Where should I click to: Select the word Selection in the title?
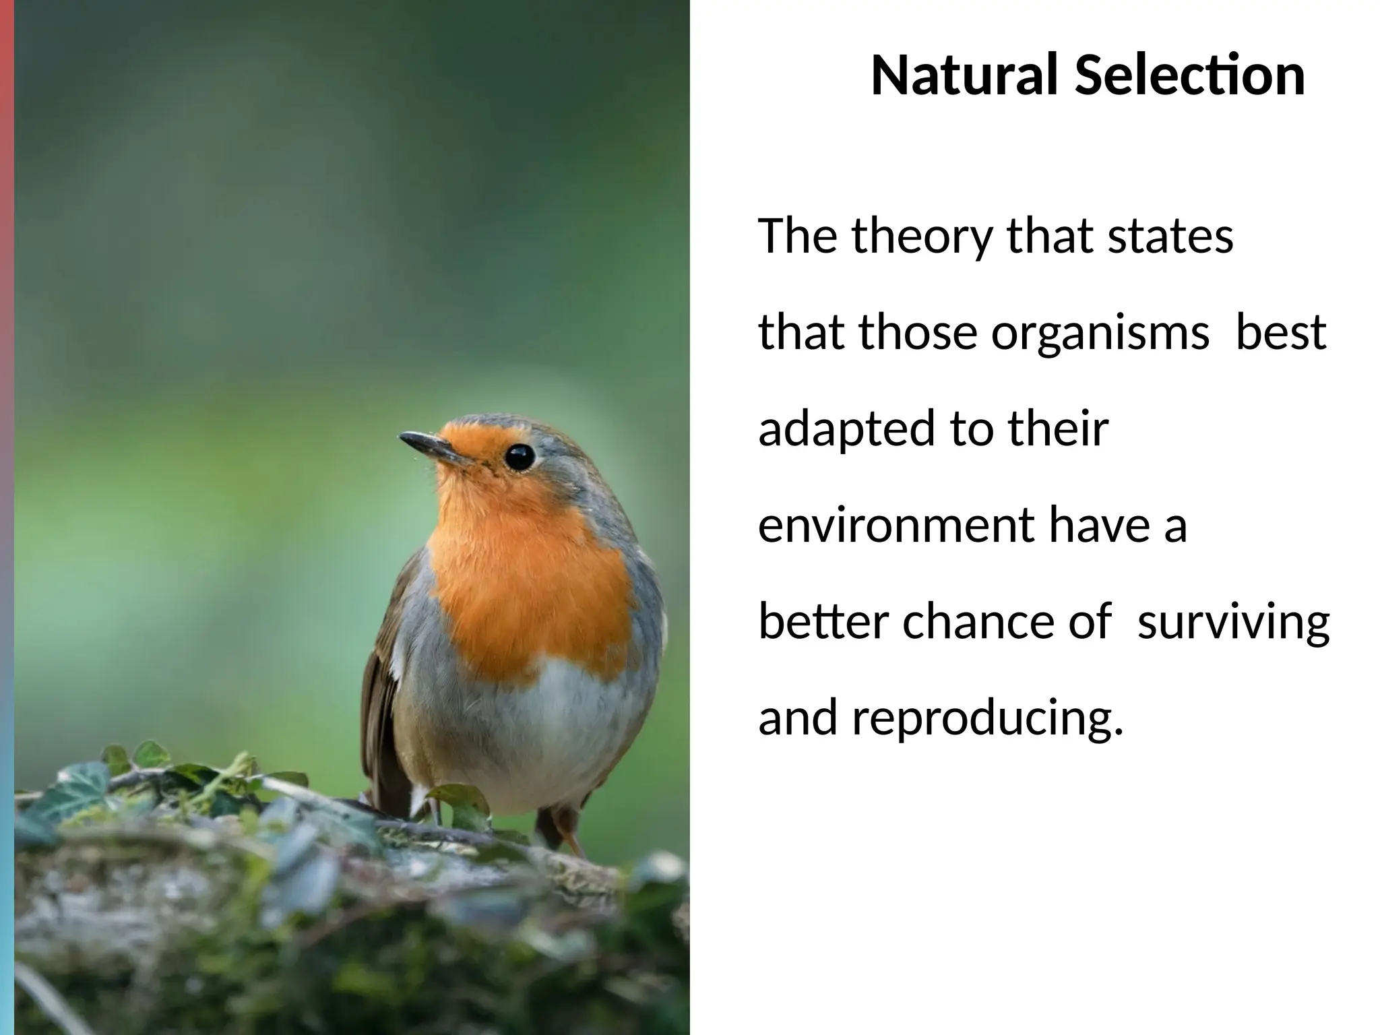(x=1189, y=75)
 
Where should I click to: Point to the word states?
(x=1170, y=237)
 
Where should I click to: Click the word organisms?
(x=1100, y=334)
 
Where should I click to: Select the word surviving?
(x=1233, y=624)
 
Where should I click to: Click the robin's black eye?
(x=520, y=457)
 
